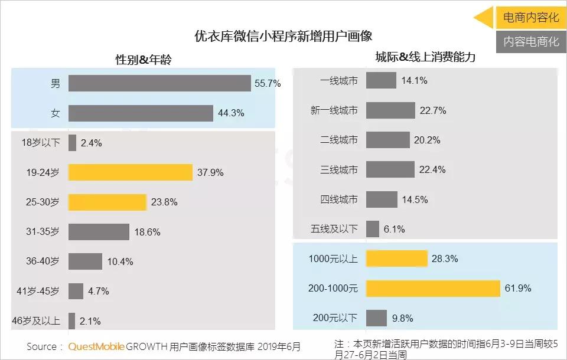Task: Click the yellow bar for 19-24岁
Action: click(x=130, y=172)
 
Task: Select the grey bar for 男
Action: click(x=159, y=83)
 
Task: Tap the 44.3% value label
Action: click(x=231, y=113)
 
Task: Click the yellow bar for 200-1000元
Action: click(x=433, y=288)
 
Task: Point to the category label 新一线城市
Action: click(x=334, y=110)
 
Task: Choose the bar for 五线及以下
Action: click(x=372, y=229)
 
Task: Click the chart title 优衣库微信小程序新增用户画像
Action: click(x=283, y=36)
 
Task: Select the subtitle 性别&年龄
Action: click(x=144, y=60)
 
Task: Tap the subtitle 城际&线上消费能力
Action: click(x=425, y=57)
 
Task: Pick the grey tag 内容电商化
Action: click(x=530, y=42)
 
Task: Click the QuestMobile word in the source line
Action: click(x=96, y=346)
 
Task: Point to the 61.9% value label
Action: click(x=519, y=289)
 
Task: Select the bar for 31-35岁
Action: click(x=99, y=232)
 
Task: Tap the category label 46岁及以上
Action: click(x=36, y=321)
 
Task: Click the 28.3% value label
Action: click(x=445, y=258)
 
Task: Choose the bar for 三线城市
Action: click(x=390, y=169)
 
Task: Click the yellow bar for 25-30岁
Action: click(x=107, y=202)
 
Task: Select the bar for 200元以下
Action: click(x=376, y=318)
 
